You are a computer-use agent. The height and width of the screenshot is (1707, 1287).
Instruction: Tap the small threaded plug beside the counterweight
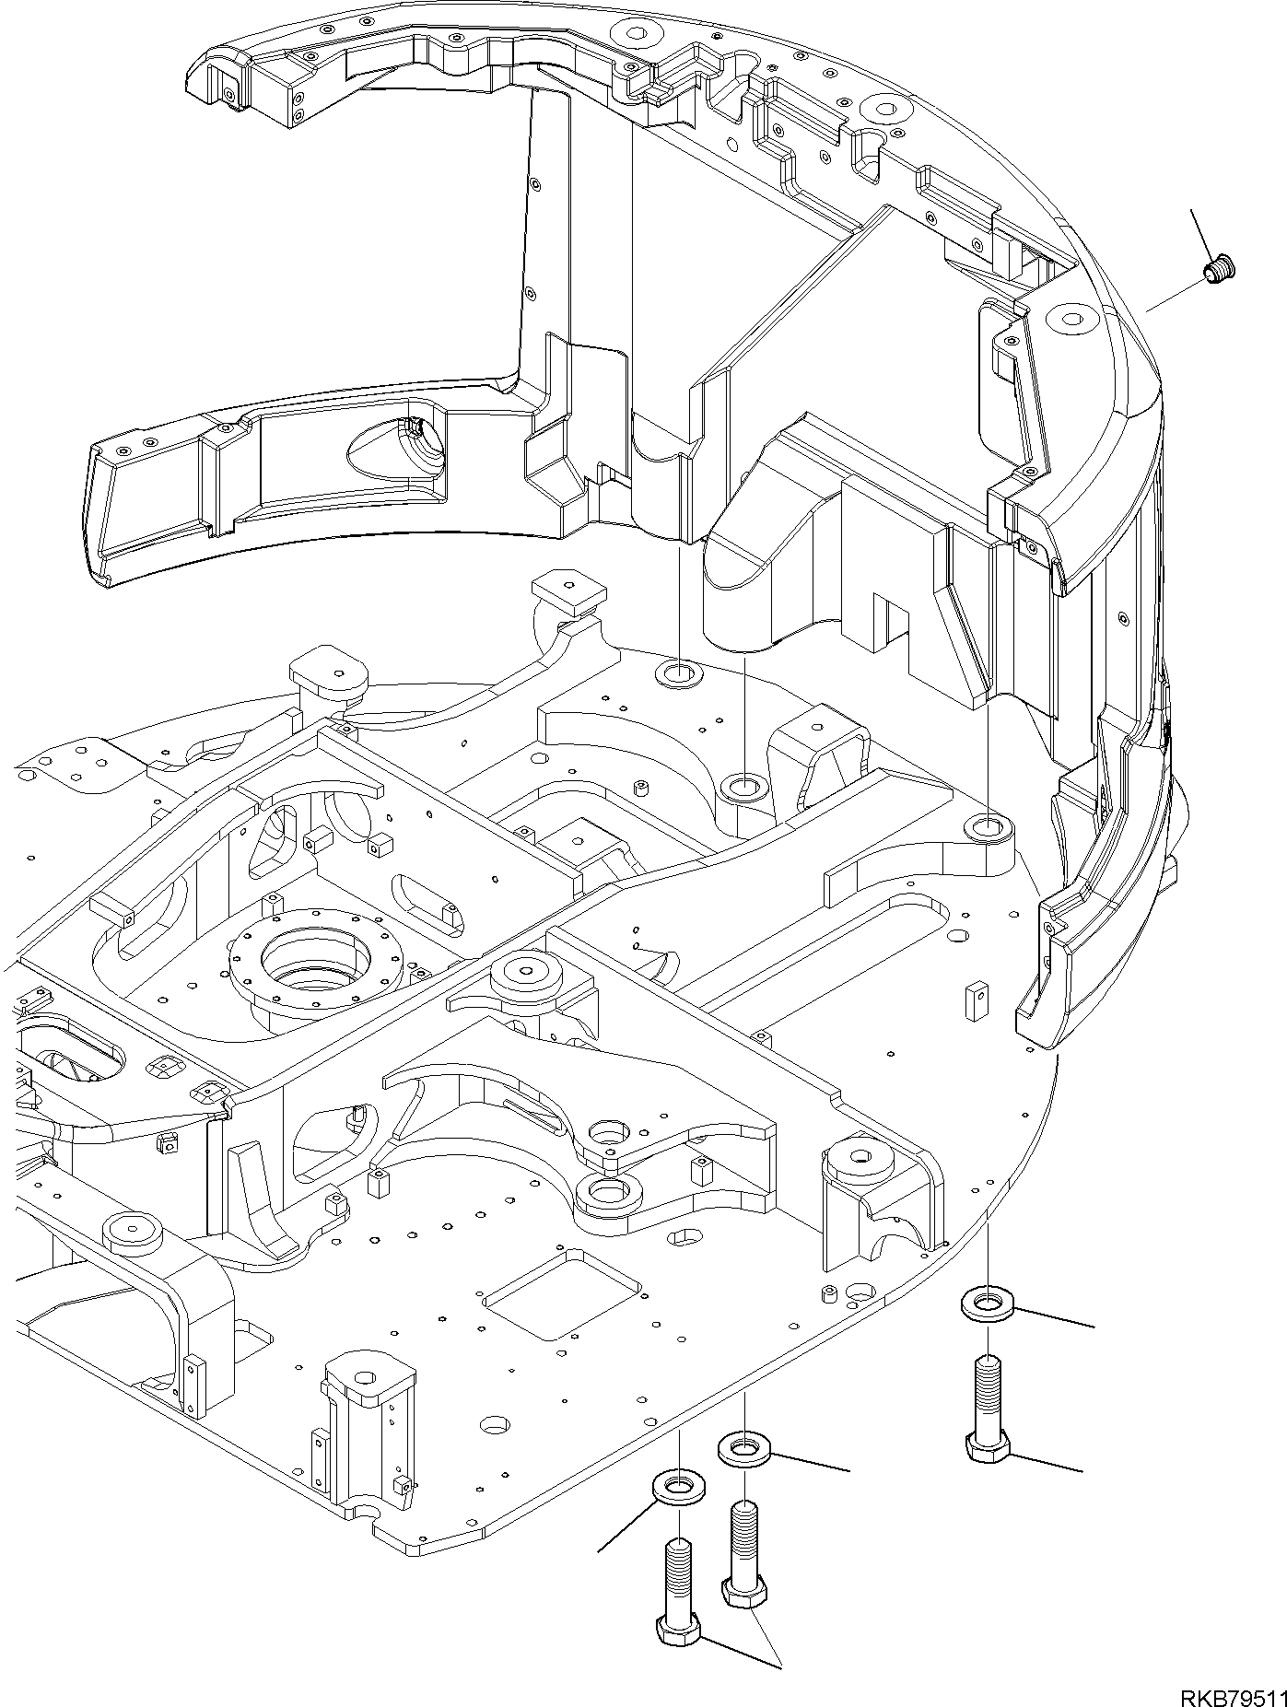1220,270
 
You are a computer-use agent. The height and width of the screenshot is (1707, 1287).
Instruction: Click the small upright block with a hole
975,1002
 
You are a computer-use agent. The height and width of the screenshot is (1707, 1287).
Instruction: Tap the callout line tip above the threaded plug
1192,212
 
